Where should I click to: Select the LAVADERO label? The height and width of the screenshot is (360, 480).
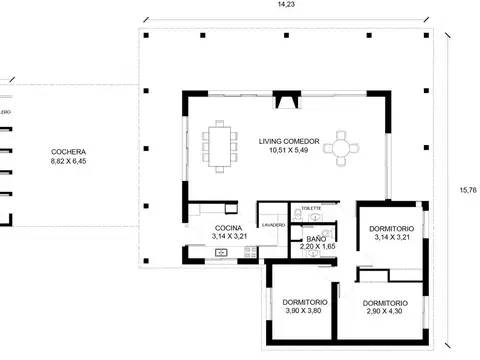tap(272, 226)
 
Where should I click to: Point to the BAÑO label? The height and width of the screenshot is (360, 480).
tap(316, 239)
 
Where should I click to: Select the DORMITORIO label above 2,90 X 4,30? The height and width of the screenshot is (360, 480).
tap(385, 303)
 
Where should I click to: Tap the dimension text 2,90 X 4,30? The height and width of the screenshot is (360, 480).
tap(385, 312)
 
